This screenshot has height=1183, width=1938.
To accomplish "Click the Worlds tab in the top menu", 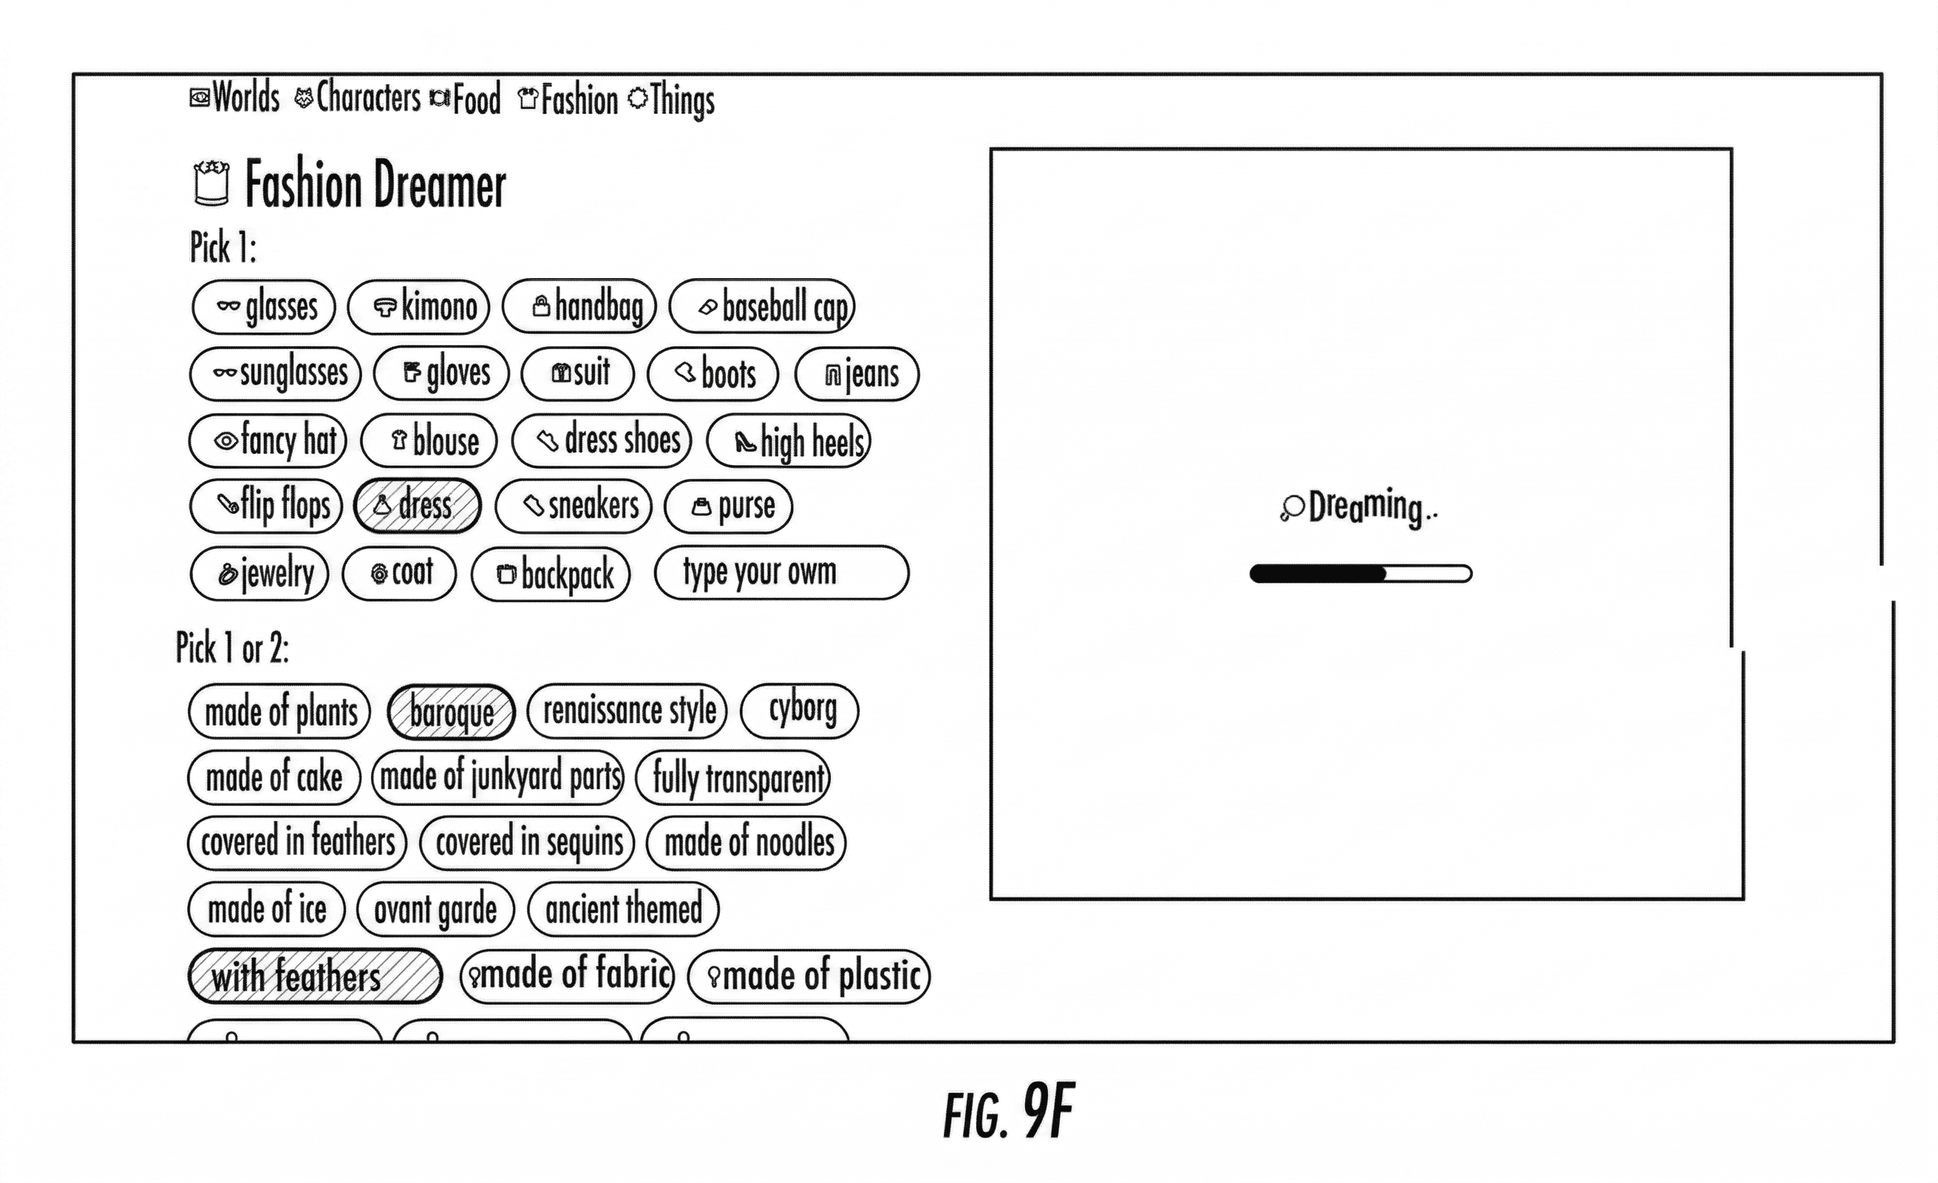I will click(236, 98).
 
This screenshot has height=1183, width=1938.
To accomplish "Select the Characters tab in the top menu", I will click(358, 98).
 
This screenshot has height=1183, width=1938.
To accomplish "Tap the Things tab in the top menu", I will click(673, 101).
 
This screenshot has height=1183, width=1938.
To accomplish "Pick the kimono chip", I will click(418, 307).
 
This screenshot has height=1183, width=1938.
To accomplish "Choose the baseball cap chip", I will click(761, 307).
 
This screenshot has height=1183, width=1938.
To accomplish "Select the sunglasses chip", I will click(275, 373).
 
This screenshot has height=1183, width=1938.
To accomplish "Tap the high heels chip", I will click(789, 441).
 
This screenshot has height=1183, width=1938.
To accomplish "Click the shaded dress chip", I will click(417, 506).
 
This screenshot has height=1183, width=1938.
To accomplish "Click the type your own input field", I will click(781, 572).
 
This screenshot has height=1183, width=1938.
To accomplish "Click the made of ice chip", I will click(267, 910).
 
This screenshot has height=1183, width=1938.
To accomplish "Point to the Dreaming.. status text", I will click(1359, 506).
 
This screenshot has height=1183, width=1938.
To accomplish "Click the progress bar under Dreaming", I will click(1361, 574).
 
